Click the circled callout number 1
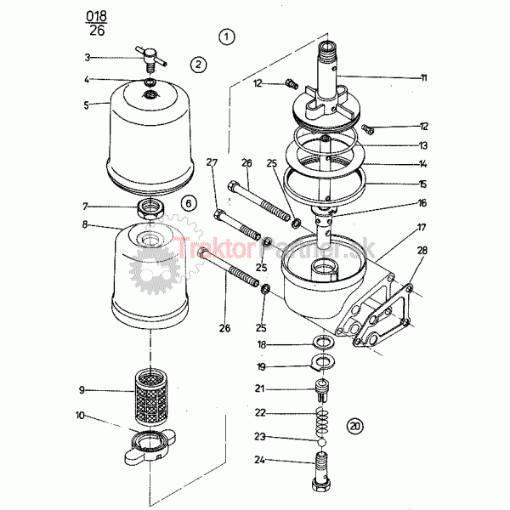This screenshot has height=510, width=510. coord(226,37)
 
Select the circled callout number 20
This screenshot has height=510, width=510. coord(354,426)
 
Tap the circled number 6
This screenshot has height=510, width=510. coord(189,204)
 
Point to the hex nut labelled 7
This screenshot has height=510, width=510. coord(150,209)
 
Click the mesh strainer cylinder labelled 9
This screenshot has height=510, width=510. coord(150,397)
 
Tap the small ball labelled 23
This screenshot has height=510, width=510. coord(321,442)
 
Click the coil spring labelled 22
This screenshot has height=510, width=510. coord(322,422)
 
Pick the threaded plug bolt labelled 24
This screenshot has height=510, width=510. coord(322,471)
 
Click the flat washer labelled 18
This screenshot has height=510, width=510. coord(323,343)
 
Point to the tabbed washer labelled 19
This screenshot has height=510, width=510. coord(322,363)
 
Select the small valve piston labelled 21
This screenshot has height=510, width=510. coord(322,390)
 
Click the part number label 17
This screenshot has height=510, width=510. coord(422,227)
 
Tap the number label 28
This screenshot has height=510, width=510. coord(422,251)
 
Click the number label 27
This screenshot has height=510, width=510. coord(212,162)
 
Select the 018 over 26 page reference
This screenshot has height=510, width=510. coord(97,23)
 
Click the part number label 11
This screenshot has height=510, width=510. coord(423,77)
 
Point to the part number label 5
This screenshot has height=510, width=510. coord(86,105)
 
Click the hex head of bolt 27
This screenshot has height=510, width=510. coord(219,215)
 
